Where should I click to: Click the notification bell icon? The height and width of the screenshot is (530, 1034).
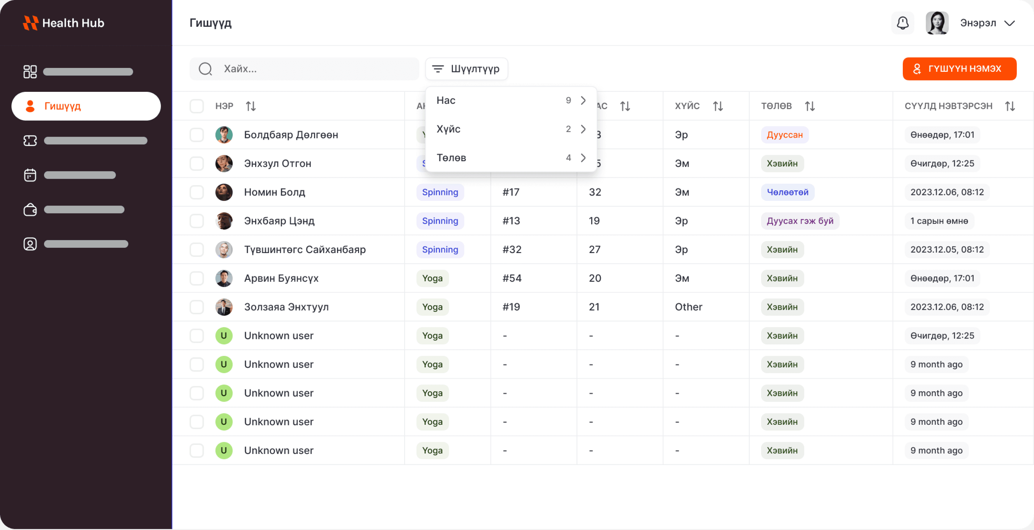[x=902, y=23]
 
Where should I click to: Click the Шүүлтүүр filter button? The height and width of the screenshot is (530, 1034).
[x=467, y=69]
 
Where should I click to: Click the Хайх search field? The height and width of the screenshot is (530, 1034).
[x=304, y=69]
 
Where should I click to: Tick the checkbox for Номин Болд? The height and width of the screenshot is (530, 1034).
[x=197, y=192]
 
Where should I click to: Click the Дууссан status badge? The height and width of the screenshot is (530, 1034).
[x=784, y=135]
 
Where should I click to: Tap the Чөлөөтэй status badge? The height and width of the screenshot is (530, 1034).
[x=788, y=192]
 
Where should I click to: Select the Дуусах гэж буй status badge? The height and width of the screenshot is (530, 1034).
[x=800, y=221]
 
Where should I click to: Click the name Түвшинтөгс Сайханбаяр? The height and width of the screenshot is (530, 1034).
[x=305, y=250]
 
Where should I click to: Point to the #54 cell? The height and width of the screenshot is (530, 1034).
[x=512, y=278]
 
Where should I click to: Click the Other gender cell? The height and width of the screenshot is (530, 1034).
[x=688, y=307]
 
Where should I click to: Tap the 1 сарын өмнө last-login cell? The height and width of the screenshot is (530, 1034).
[x=939, y=221]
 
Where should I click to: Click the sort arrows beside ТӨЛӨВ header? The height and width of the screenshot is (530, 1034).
[x=810, y=106]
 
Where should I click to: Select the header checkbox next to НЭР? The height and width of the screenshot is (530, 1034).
[x=197, y=106]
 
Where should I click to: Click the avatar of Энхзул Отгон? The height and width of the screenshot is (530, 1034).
[x=224, y=163]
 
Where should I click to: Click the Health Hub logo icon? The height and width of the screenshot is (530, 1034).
[x=31, y=23]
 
